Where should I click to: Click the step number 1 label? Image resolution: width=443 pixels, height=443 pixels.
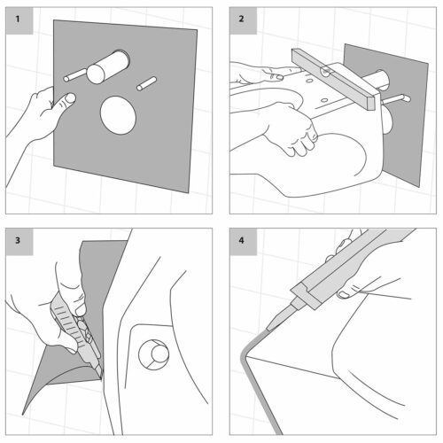point(18,19)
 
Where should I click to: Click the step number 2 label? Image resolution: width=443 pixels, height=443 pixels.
point(241,19)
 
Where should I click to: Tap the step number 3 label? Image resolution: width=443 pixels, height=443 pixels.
point(18,240)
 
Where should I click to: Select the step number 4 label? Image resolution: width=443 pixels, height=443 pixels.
point(241,240)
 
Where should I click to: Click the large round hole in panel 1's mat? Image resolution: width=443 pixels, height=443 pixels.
point(118,115)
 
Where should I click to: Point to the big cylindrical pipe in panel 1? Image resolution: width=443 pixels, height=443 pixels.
point(108,66)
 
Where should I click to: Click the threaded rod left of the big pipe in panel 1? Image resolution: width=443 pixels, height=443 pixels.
point(74,75)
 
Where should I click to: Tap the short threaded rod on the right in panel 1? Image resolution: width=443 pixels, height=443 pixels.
point(146,83)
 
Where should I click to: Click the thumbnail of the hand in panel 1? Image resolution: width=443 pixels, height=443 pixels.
point(70,98)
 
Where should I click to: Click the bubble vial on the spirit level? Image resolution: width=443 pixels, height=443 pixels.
point(326,72)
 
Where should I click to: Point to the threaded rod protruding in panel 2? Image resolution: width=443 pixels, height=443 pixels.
point(395,99)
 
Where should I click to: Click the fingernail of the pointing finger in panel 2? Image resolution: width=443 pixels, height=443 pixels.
point(278,78)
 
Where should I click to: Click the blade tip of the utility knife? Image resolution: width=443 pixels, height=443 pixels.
point(101,377)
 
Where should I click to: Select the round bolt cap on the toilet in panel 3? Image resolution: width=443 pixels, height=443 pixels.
point(154,354)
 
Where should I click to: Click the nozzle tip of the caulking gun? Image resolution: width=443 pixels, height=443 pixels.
point(268,328)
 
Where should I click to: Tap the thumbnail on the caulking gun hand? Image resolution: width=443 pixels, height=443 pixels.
point(343,294)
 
